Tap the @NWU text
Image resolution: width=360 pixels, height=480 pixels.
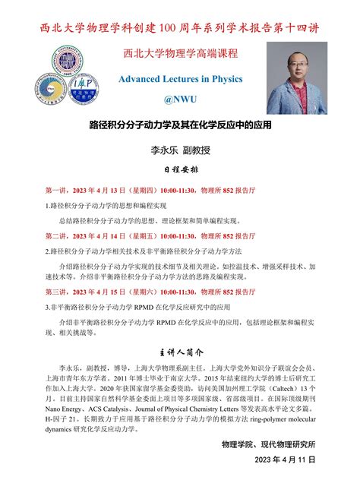coord(179,99)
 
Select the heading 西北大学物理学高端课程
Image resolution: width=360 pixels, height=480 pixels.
coord(179,54)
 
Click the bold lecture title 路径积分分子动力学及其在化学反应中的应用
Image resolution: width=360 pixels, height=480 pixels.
coord(179,123)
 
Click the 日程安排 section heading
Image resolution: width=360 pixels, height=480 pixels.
coord(179,170)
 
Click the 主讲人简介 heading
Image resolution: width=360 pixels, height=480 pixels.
coord(180,352)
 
